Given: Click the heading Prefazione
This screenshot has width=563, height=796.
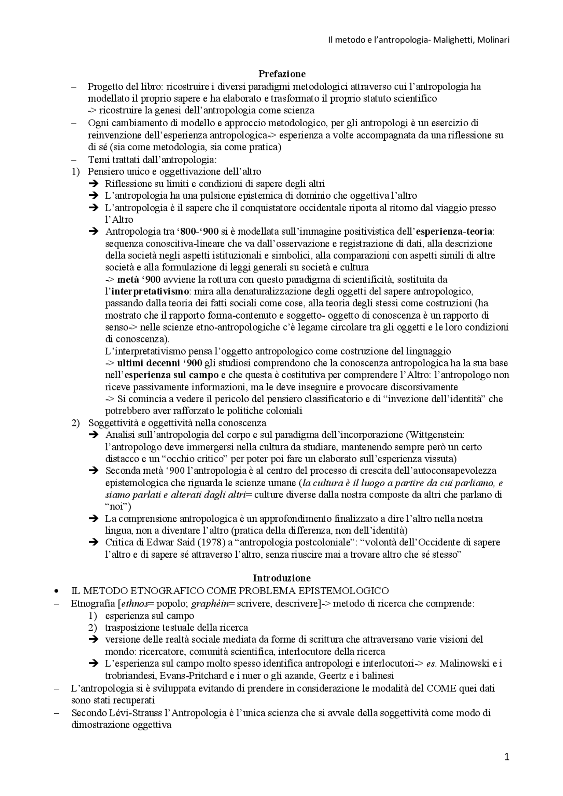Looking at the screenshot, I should (282, 73).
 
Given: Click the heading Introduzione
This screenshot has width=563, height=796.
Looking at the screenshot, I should (281, 578).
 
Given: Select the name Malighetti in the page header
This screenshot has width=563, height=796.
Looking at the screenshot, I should (453, 40).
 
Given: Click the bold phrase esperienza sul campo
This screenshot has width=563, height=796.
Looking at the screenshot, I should (172, 375).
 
